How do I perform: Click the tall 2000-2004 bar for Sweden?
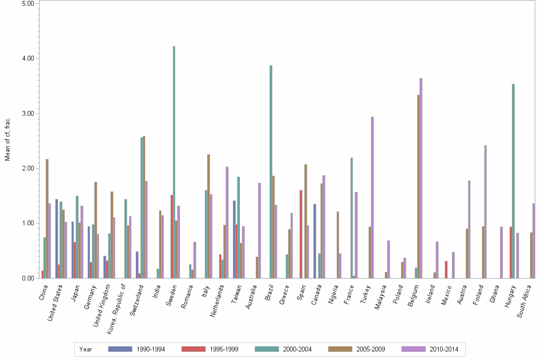(x=174, y=162)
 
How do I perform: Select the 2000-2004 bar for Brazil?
(x=271, y=171)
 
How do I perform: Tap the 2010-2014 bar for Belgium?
(x=421, y=178)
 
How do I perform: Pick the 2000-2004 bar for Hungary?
(x=513, y=181)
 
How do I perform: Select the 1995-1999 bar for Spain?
(x=301, y=234)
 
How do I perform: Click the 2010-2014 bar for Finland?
(x=486, y=211)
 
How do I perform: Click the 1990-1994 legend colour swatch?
(x=120, y=349)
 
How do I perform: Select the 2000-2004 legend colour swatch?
(x=267, y=349)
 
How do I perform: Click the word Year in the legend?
(x=86, y=350)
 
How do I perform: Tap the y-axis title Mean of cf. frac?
(x=8, y=138)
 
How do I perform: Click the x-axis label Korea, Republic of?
(x=117, y=305)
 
